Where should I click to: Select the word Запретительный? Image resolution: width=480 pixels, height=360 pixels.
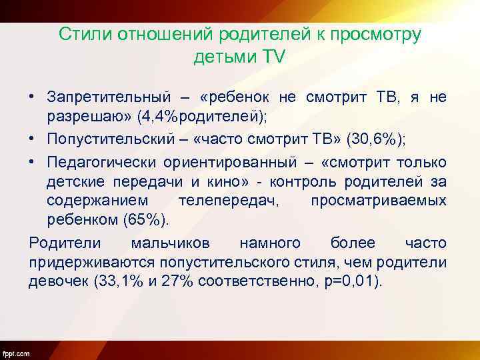click(108, 97)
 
